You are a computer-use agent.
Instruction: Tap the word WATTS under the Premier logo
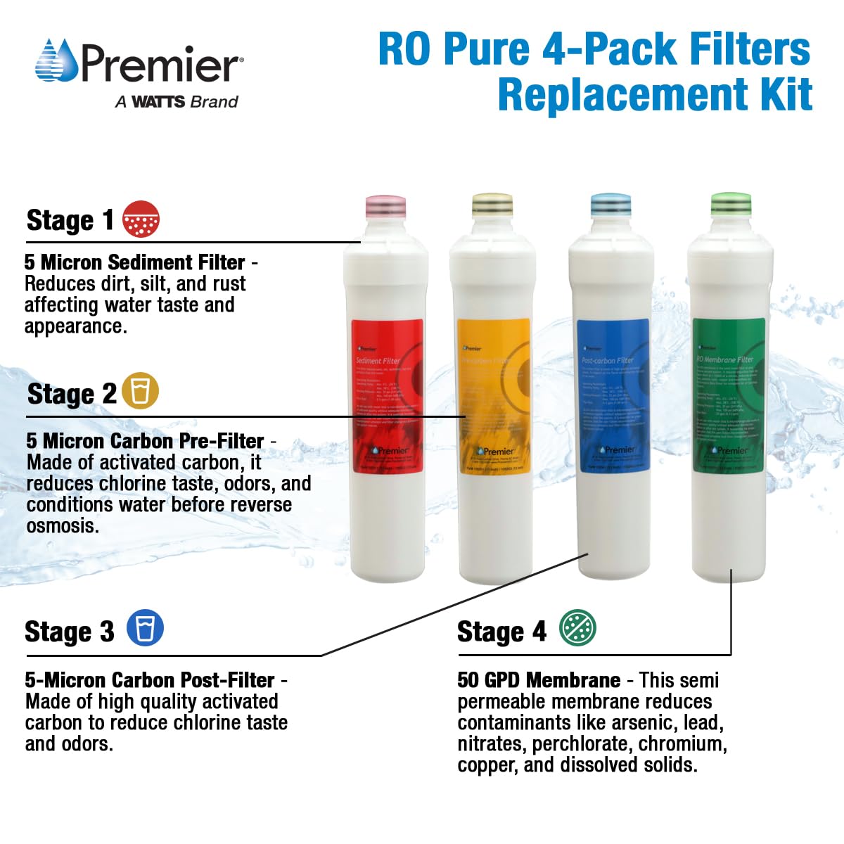158,101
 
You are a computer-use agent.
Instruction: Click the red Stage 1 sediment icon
141,219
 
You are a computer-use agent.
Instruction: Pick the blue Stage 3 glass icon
145,627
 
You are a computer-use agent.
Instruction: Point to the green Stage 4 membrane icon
577,627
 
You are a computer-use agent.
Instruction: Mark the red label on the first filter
387,396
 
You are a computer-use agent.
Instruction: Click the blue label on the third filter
612,396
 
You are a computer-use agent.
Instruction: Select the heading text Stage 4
501,632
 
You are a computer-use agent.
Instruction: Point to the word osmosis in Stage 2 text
62,525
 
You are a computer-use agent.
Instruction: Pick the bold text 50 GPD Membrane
539,680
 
